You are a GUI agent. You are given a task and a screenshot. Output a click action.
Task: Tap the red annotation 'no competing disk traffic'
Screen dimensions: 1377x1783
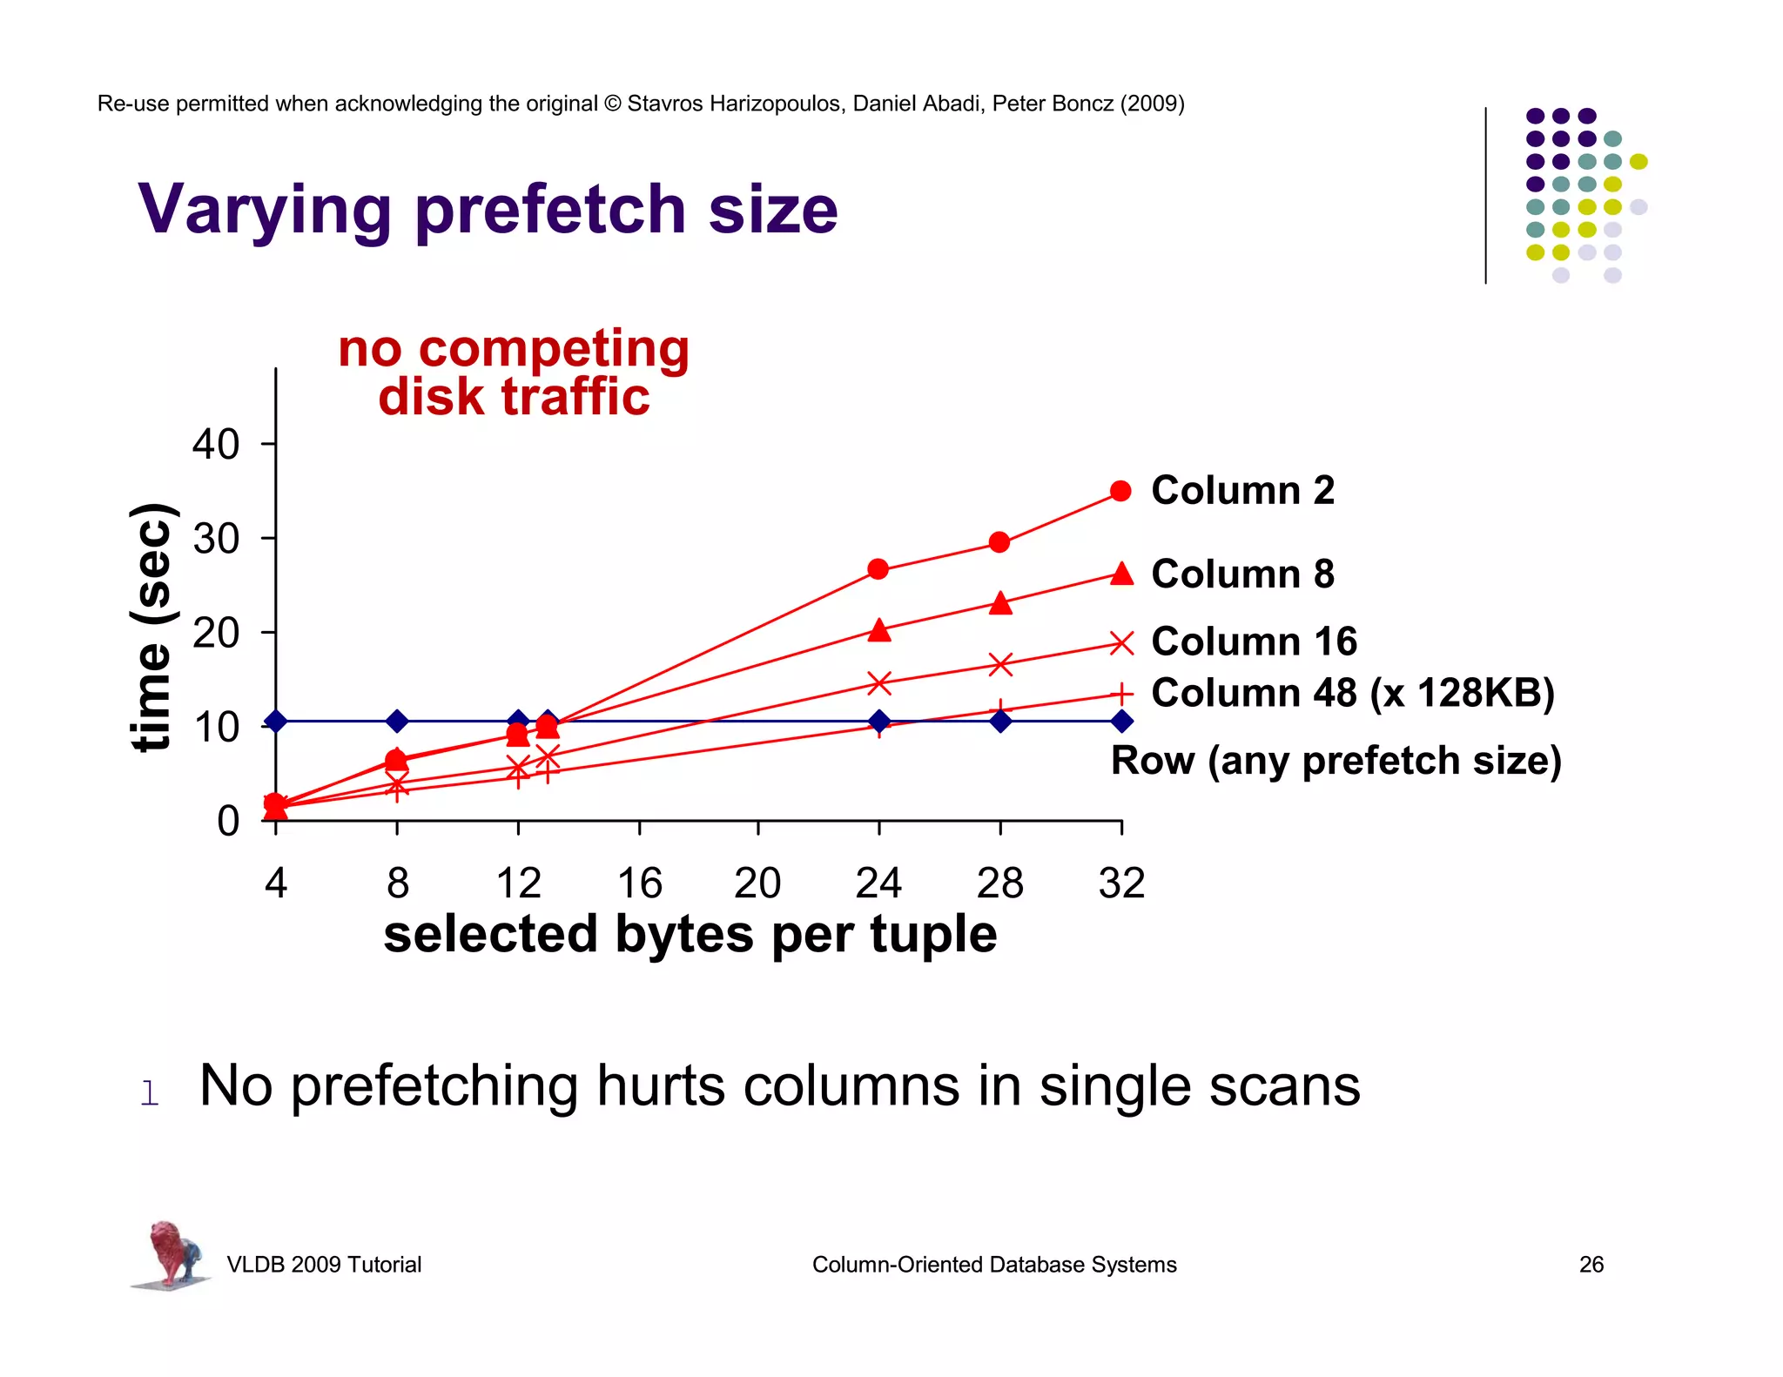point(514,373)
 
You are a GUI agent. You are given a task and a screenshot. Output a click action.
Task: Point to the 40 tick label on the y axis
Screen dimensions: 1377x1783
point(215,444)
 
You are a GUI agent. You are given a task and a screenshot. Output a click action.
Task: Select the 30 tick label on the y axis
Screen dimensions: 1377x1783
point(215,539)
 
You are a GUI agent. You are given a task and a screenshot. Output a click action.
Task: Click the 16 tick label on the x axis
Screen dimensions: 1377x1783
point(639,883)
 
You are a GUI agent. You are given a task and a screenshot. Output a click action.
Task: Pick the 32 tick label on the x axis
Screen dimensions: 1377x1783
point(1121,883)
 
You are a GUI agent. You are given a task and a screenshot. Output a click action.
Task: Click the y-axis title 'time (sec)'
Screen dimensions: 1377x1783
point(152,627)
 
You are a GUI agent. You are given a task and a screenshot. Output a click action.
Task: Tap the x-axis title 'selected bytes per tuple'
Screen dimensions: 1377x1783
point(690,934)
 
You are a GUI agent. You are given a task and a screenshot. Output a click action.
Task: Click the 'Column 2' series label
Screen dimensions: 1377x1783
point(1242,490)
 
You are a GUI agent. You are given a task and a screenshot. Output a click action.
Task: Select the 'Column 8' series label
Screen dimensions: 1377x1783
point(1242,574)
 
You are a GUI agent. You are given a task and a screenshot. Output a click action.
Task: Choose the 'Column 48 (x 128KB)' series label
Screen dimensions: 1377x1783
point(1352,693)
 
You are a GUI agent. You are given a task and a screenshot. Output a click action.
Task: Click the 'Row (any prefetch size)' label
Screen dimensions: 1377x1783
point(1336,760)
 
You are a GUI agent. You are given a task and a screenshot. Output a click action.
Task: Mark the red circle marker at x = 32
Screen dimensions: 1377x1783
point(1121,492)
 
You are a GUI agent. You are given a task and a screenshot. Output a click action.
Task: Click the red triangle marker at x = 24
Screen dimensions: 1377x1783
point(879,630)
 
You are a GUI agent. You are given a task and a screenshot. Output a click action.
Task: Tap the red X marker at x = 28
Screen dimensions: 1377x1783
point(1000,665)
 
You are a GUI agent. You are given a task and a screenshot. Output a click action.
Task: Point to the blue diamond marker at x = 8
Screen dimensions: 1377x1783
point(397,721)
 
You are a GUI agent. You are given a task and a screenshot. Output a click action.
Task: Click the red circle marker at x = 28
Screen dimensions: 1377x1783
point(999,542)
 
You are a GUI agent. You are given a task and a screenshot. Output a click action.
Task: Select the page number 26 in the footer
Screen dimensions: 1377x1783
point(1591,1264)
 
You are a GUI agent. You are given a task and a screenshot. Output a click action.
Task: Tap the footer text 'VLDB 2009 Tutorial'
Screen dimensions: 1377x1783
point(324,1264)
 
